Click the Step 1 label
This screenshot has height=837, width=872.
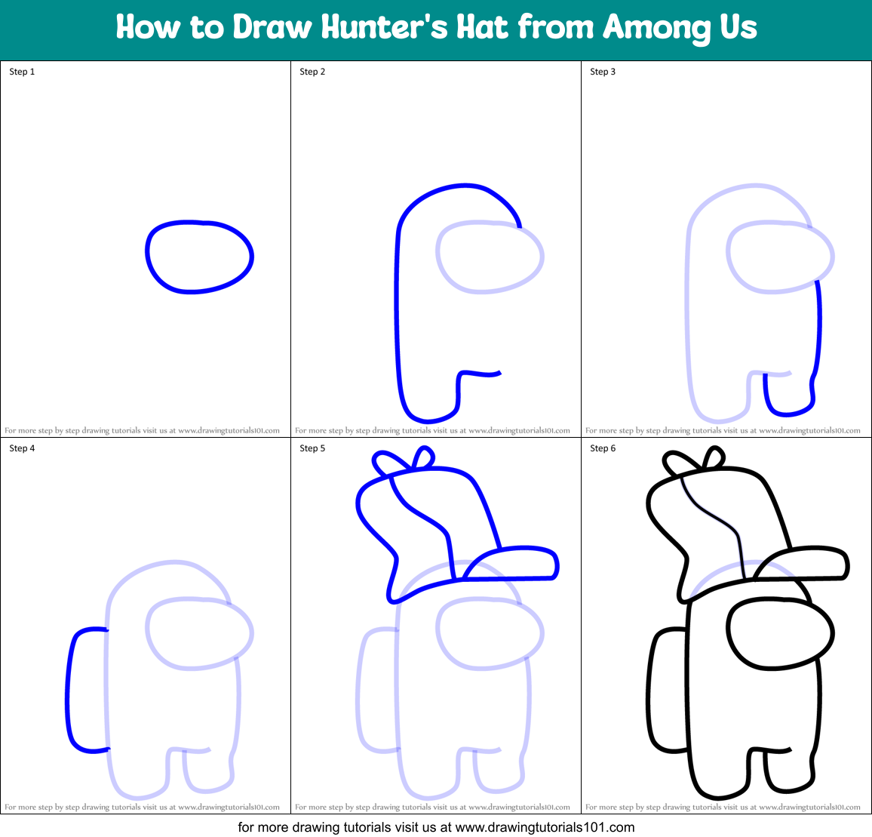tap(22, 72)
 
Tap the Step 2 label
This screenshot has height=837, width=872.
tap(312, 72)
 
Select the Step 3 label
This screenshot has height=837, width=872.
tap(603, 72)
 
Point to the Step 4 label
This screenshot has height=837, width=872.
tap(22, 448)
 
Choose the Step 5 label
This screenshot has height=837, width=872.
tap(312, 448)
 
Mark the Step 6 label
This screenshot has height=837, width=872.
tap(603, 448)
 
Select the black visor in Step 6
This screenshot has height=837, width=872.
tap(780, 634)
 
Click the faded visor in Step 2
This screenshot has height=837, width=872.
tap(490, 257)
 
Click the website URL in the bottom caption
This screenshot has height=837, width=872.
tap(545, 826)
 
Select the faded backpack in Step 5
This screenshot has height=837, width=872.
tap(379, 690)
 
